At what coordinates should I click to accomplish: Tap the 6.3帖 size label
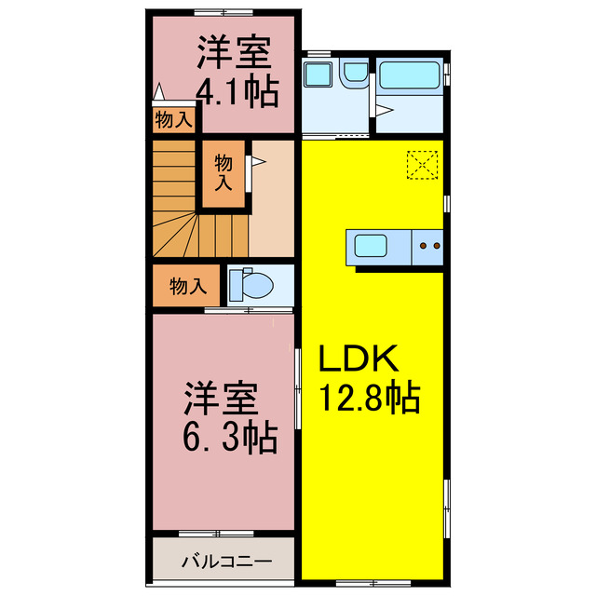230,436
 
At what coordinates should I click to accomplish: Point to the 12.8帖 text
370,398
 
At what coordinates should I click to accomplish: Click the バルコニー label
226,562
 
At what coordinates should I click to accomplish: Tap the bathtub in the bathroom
411,74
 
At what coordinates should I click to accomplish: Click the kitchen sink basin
371,248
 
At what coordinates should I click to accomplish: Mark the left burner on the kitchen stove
424,247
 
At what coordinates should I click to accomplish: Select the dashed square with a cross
423,165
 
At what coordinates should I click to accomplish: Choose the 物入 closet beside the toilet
187,285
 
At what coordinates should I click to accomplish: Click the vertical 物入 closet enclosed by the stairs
224,172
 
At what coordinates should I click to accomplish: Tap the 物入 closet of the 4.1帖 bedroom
173,119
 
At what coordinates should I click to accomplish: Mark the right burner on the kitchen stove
436,247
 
